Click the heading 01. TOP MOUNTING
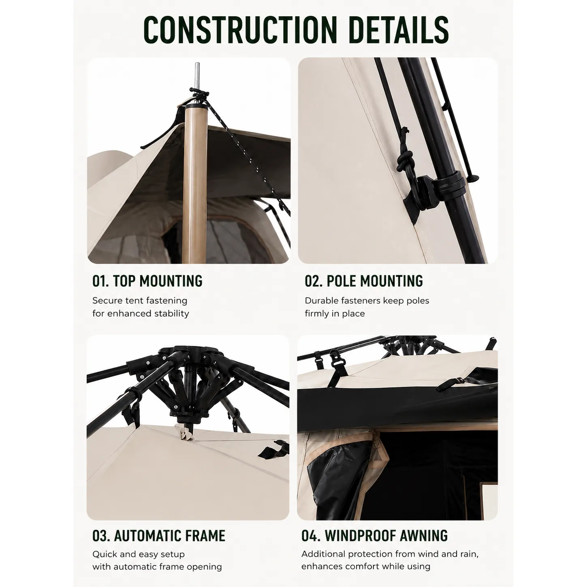[147, 281]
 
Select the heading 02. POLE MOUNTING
[364, 281]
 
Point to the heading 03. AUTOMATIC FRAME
[159, 536]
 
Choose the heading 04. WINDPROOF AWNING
[375, 536]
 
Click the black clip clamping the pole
[450, 183]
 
